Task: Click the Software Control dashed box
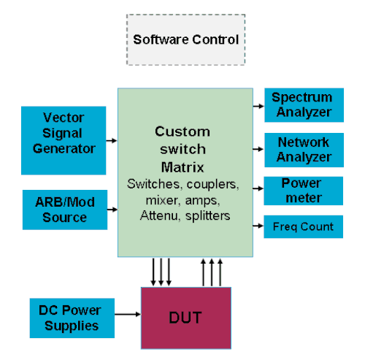tap(185, 40)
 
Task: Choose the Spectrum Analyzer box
tap(302, 104)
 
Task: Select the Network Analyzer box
tap(302, 149)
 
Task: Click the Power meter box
tap(302, 191)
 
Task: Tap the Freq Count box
tap(302, 226)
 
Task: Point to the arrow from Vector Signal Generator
tap(111, 139)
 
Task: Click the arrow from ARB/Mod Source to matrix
tap(111, 209)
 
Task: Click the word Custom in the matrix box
tap(182, 131)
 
